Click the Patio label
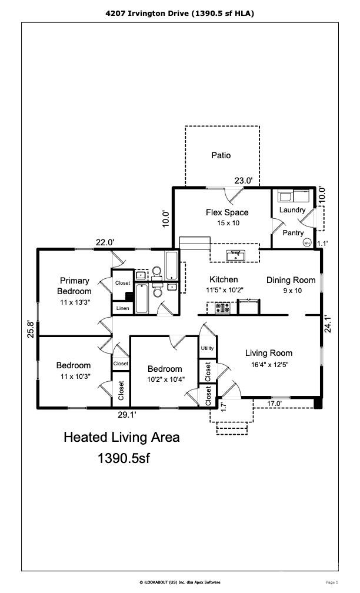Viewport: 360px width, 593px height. [x=221, y=155]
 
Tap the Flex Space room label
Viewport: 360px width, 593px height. [x=227, y=212]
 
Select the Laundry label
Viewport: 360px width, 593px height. [x=292, y=209]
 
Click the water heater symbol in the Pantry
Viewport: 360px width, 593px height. [x=307, y=243]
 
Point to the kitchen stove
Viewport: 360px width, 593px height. [x=222, y=308]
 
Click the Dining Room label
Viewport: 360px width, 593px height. [x=291, y=280]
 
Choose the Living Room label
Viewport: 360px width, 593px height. [x=269, y=353]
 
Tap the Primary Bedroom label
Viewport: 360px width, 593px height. [x=74, y=286]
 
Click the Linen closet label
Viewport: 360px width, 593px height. [x=122, y=308]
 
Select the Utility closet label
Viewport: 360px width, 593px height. [x=207, y=348]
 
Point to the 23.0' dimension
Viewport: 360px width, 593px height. [x=243, y=181]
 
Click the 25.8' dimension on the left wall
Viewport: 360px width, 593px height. [x=31, y=329]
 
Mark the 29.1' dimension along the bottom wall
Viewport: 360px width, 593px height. [x=127, y=415]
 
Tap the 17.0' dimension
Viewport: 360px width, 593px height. [x=275, y=404]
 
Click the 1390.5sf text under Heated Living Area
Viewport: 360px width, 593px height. [x=124, y=458]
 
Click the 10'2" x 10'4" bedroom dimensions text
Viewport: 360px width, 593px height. [x=166, y=379]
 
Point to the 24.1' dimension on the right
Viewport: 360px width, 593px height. [x=328, y=324]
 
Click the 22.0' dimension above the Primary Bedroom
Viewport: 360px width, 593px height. [x=105, y=242]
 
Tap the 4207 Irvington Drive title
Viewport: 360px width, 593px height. [x=147, y=13]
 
